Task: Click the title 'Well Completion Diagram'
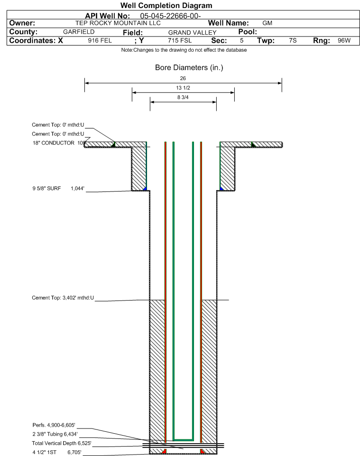point(166,6)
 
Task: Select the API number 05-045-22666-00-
point(170,16)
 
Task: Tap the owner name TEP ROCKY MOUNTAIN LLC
point(118,23)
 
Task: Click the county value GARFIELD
point(79,32)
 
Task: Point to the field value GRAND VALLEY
point(193,33)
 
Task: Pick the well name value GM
point(267,23)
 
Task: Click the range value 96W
point(344,40)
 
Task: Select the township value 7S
point(293,40)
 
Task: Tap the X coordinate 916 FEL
point(100,40)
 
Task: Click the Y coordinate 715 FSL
point(180,40)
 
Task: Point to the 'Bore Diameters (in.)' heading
point(189,67)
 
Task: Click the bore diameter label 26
point(183,78)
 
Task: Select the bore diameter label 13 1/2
point(183,88)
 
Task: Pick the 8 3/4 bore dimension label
point(183,97)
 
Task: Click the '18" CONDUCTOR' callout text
point(54,143)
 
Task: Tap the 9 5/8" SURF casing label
point(46,189)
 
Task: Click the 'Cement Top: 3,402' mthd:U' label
point(63,298)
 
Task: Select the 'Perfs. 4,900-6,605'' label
point(54,425)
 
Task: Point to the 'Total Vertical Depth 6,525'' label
point(62,443)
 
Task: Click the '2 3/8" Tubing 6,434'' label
point(55,434)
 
